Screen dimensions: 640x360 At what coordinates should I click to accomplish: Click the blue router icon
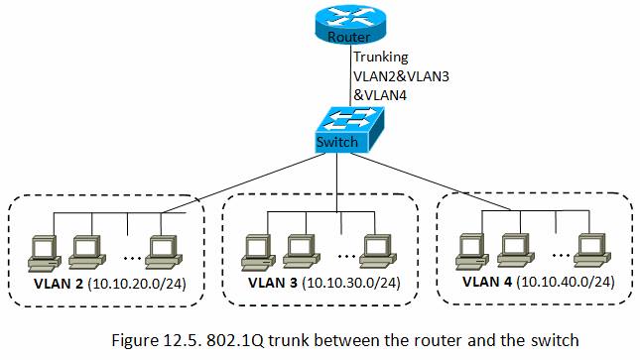pos(350,25)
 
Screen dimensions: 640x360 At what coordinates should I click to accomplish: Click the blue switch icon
pos(350,130)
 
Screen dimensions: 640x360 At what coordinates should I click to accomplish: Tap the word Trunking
pos(381,58)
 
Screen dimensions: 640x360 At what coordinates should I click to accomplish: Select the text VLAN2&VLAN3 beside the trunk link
pos(401,76)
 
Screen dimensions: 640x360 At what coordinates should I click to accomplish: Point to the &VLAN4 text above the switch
pos(380,95)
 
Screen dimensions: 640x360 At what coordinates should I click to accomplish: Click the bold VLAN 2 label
pos(59,284)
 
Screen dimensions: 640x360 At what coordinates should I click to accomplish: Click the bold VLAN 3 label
pos(273,283)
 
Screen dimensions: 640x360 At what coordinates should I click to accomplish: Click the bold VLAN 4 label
pos(487,282)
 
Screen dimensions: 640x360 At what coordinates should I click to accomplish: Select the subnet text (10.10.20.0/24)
pos(136,284)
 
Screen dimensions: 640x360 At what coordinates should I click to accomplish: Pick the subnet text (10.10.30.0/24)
pos(351,283)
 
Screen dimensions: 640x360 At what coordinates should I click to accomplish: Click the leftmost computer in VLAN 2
pos(45,254)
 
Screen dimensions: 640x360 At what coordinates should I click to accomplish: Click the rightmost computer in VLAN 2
pos(164,252)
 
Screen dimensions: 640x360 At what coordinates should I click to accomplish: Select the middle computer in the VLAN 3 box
pos(302,251)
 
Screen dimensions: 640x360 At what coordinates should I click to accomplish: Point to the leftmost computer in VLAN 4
pos(472,252)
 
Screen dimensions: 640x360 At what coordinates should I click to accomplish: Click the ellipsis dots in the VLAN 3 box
pos(346,256)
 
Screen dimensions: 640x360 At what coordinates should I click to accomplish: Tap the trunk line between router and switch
pos(350,74)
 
